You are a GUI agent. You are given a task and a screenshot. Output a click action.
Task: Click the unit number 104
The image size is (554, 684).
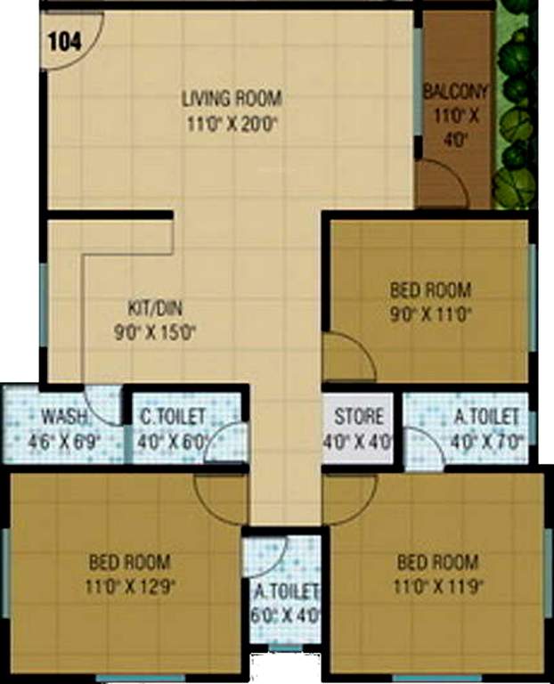coord(63,40)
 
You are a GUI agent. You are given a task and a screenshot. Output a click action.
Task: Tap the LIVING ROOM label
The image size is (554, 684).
coord(232,97)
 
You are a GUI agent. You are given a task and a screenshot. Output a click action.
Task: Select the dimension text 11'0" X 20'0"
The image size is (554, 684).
coord(232,124)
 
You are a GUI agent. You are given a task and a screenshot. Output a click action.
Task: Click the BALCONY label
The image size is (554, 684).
coord(456,90)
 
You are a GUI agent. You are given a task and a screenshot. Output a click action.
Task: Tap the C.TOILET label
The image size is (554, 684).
coord(173,416)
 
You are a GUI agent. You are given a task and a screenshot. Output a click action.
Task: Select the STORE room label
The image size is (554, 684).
coord(360,416)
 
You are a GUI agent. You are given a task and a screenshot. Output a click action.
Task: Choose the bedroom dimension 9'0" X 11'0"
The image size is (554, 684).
coord(431,313)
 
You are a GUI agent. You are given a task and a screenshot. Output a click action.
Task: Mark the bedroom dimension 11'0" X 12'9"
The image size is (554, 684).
coord(129,588)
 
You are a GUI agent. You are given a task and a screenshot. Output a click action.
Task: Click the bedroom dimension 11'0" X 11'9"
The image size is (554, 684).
coord(436,588)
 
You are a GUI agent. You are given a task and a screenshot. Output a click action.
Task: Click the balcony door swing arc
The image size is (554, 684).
coord(444,182)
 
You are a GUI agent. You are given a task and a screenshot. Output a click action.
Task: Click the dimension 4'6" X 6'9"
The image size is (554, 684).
coord(64,441)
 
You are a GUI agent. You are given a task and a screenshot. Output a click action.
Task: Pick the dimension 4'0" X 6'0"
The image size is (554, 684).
coord(173,441)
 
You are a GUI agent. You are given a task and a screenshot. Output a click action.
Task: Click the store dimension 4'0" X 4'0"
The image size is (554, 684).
coord(360,441)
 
